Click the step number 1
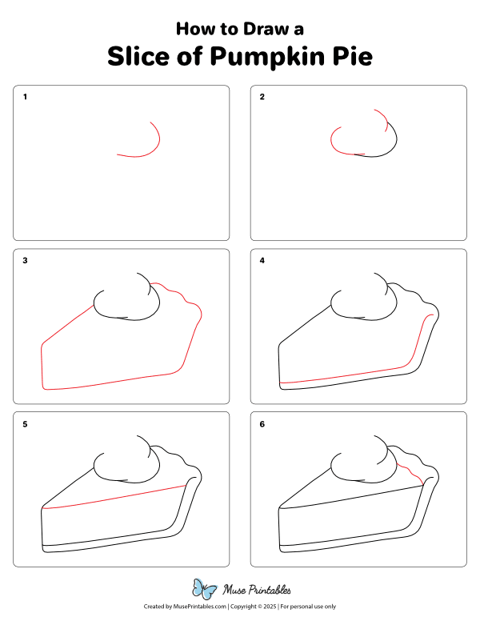[25, 97]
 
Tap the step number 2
[262, 97]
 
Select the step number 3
[25, 260]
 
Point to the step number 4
[262, 260]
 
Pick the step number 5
[25, 424]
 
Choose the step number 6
[262, 424]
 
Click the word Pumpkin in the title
[267, 58]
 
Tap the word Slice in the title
[138, 56]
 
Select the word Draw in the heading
[266, 29]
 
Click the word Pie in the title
[353, 56]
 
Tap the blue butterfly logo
[204, 588]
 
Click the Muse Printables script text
[257, 590]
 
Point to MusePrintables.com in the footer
[200, 607]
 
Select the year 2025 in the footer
[270, 607]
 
